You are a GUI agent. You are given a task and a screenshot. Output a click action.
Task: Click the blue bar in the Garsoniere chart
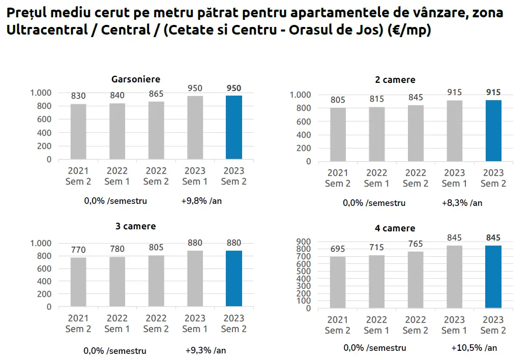[234, 127]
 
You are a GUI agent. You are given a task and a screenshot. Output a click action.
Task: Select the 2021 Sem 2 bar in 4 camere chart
[338, 282]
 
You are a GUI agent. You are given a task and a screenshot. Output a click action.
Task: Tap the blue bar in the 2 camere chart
[493, 131]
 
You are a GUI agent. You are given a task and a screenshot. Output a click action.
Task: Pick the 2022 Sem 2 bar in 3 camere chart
[156, 281]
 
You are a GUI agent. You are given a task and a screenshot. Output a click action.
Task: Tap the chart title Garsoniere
[136, 79]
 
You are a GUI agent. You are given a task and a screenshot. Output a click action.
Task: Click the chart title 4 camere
[395, 228]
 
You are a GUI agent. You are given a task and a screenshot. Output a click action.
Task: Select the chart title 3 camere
[136, 226]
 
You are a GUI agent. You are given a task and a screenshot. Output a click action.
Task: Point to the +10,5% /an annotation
[474, 348]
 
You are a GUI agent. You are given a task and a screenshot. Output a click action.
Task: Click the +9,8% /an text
[201, 201]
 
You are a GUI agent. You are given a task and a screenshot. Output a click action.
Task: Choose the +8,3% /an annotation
[462, 203]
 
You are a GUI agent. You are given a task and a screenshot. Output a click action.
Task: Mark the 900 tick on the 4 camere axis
[304, 242]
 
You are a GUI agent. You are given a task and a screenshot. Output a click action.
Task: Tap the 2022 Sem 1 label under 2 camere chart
[376, 178]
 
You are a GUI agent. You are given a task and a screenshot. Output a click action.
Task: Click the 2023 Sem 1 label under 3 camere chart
[195, 323]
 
